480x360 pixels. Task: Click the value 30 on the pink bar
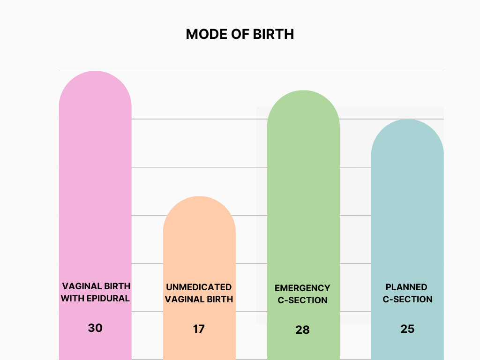pos(95,328)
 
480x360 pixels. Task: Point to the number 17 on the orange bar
pos(199,329)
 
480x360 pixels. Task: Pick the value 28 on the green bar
pos(303,330)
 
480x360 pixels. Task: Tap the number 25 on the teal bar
pos(407,329)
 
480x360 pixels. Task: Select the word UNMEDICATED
pos(199,287)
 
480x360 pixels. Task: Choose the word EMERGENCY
pos(302,288)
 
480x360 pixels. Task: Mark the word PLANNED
pos(406,287)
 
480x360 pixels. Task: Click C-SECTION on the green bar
pos(302,300)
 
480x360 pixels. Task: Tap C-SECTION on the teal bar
pos(407,299)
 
